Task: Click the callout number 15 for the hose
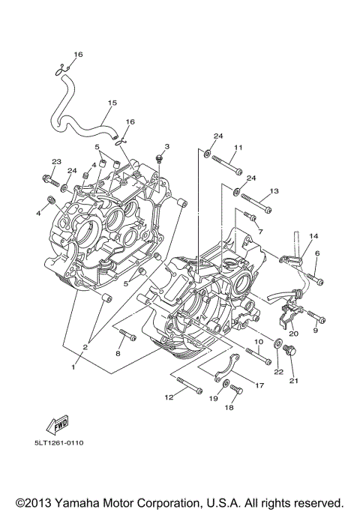[x=112, y=103]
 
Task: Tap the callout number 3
[x=167, y=146]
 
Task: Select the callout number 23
[x=56, y=162]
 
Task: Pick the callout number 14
[x=313, y=236]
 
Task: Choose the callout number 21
[x=293, y=381]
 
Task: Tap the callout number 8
[x=118, y=352]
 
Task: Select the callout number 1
[x=73, y=367]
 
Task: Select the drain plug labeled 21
[x=290, y=351]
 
